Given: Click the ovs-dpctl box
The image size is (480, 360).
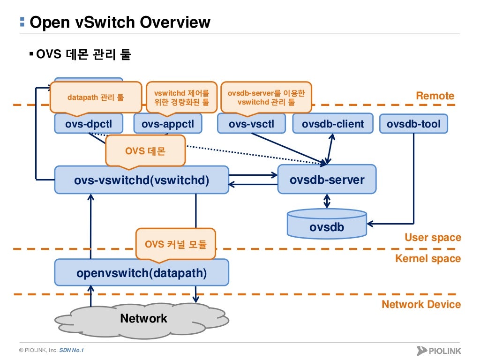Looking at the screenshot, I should tap(89, 124).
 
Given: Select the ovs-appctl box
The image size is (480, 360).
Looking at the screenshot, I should tap(167, 124).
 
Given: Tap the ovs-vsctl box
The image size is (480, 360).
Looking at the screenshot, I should tap(252, 124).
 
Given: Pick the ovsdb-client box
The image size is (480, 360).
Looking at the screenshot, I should tap(332, 124).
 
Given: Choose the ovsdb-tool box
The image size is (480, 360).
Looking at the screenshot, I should tap(413, 124).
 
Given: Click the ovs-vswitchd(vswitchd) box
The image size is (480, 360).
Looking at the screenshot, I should tap(142, 180).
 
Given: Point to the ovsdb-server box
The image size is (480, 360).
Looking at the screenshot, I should tap(327, 180).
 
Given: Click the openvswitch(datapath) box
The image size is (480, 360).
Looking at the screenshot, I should tap(142, 272).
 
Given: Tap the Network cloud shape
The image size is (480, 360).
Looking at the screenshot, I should tap(143, 319).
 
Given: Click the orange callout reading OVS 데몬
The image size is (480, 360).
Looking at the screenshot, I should tap(145, 151).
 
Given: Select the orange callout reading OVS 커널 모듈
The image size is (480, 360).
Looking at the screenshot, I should tap(176, 243).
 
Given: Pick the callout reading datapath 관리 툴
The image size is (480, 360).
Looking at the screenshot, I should tap(96, 97).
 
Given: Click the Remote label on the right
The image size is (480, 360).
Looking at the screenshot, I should tap(435, 96).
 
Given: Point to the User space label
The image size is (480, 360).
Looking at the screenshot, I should tap(433, 238).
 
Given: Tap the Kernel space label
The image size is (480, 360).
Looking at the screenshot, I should tap(428, 259).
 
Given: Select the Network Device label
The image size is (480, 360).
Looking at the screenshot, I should tap(421, 305).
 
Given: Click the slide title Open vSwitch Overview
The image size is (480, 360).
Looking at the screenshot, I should tap(120, 22).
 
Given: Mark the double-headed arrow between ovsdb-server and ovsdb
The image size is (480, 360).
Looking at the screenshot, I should tap(327, 201).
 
